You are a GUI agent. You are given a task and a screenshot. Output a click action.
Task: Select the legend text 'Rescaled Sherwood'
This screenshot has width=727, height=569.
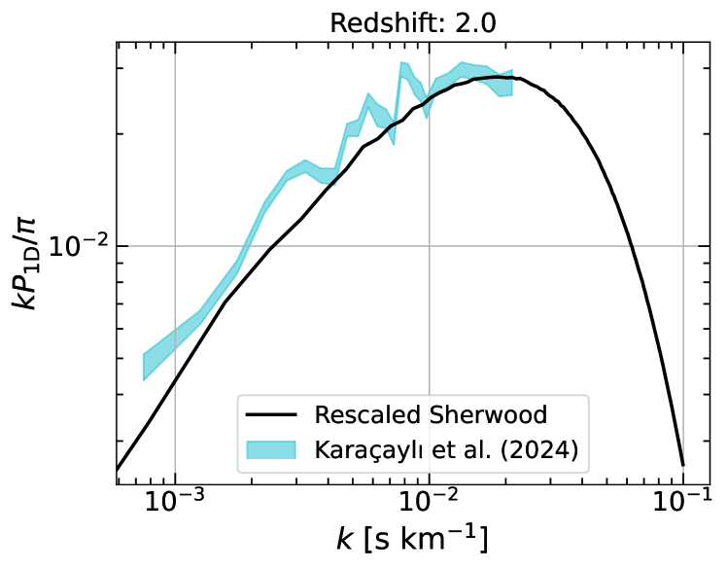coord(431,415)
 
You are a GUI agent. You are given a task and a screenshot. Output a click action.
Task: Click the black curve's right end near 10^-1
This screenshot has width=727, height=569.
coord(682,464)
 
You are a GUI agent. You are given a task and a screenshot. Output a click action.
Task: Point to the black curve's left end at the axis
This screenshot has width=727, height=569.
coord(118,470)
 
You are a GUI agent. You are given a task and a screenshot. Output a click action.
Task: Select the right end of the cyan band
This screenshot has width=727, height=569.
coord(511,84)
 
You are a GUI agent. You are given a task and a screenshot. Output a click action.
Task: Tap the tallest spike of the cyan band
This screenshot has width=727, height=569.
coord(400,64)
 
